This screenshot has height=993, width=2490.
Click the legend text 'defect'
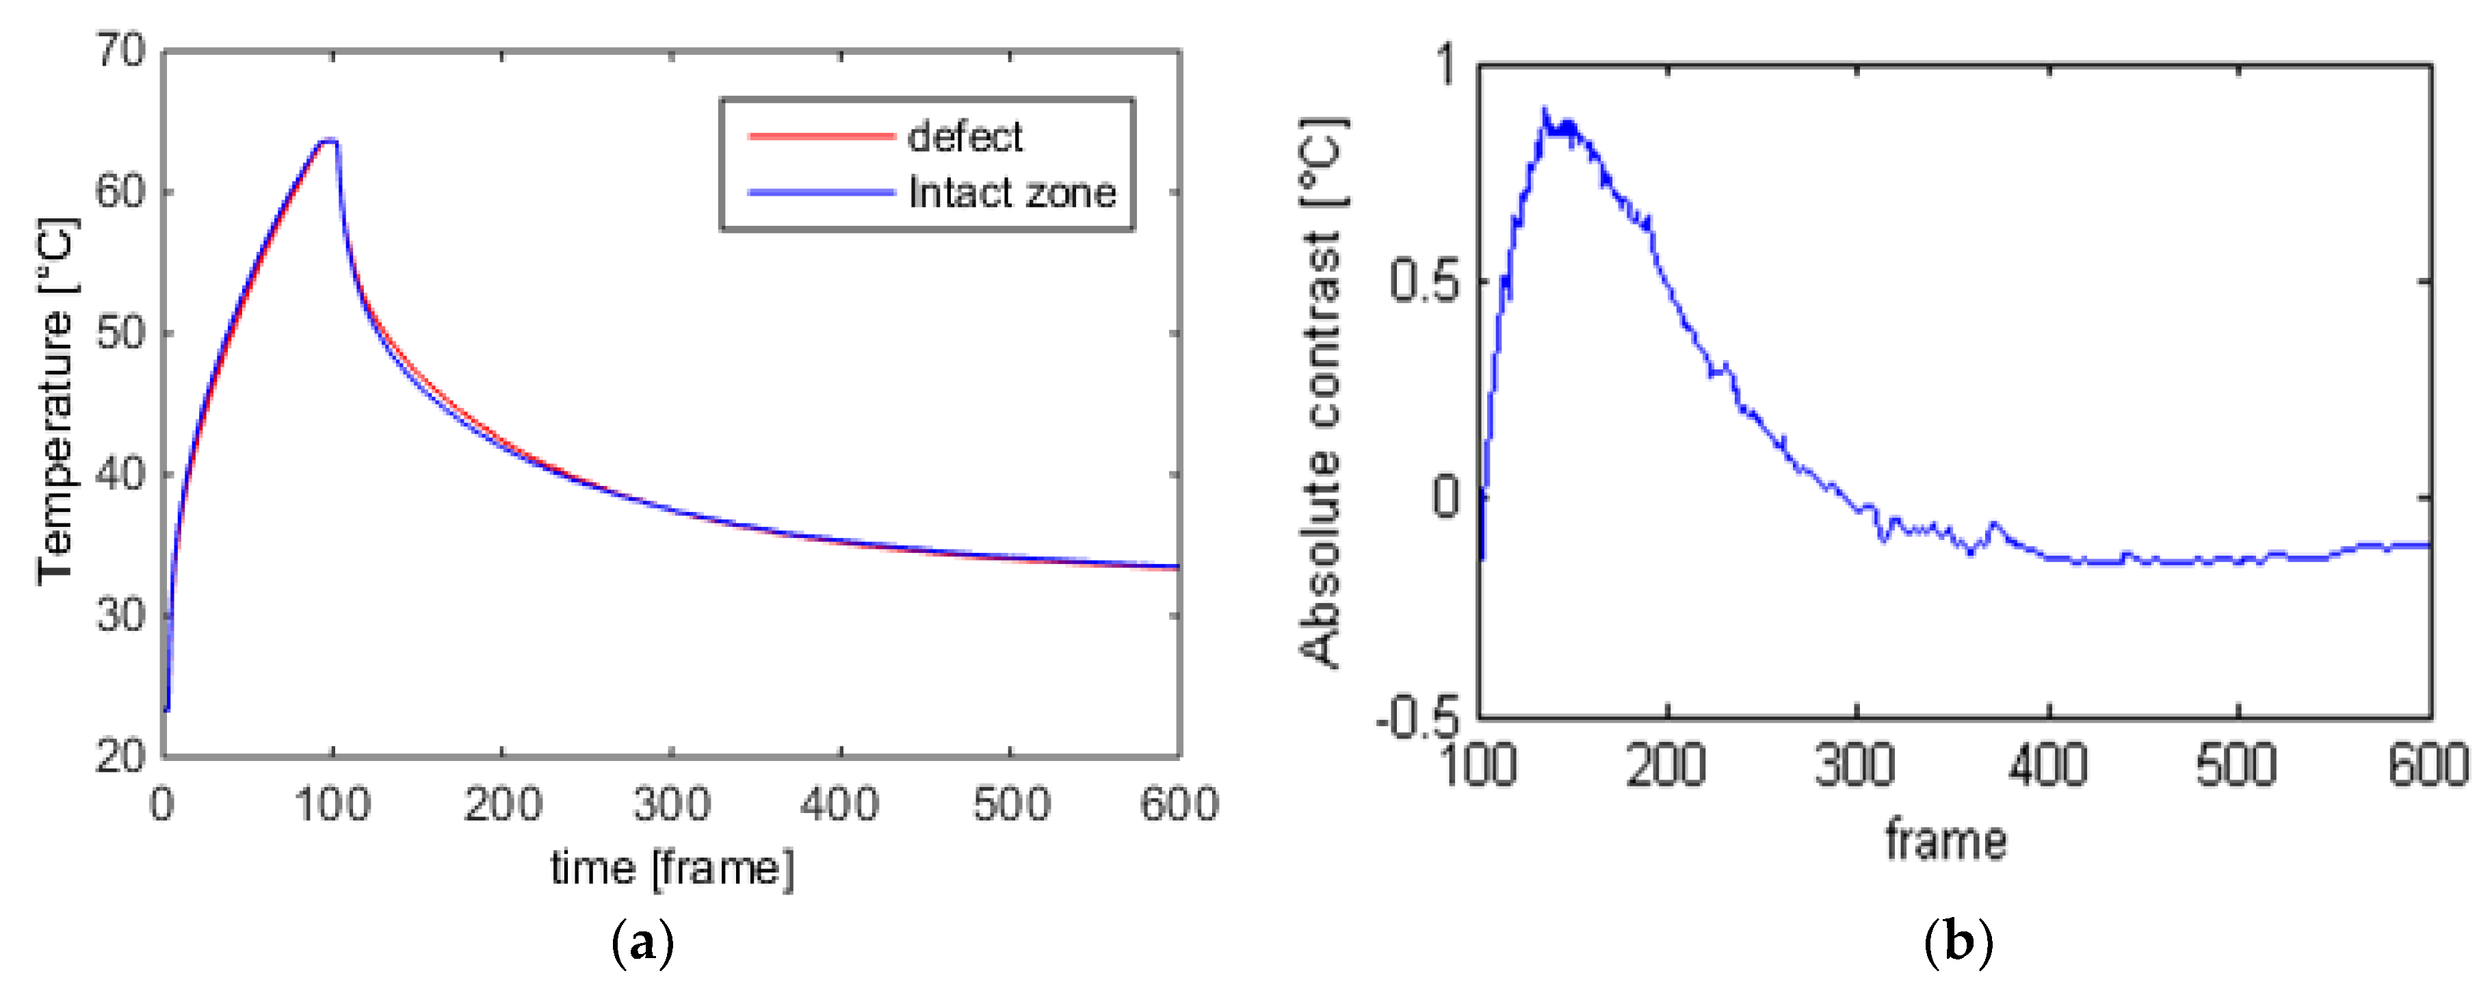964,138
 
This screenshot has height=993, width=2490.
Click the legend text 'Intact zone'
1011,194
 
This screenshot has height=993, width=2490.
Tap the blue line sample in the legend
821,192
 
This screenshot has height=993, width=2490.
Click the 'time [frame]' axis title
672,867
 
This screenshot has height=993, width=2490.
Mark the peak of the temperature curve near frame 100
328,141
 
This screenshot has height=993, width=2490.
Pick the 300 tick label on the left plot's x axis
671,804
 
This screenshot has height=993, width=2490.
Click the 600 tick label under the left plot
1178,804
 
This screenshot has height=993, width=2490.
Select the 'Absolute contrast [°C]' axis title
1323,391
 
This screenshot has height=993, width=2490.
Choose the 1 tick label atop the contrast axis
1445,65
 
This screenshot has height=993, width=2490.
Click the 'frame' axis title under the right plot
1945,840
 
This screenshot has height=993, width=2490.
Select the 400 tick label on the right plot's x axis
2047,766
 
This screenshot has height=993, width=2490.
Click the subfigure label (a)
643,941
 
